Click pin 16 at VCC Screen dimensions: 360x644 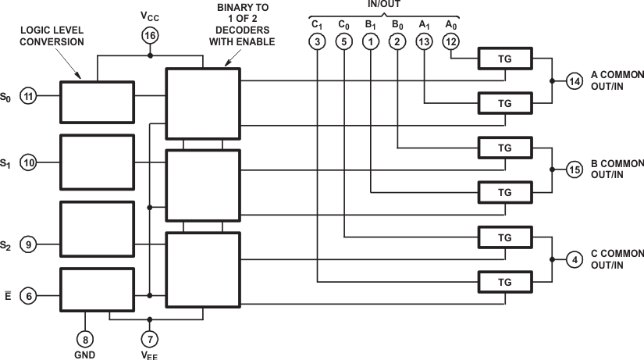(150, 35)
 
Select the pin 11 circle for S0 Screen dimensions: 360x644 (29, 97)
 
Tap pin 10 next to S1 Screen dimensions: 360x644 (29, 163)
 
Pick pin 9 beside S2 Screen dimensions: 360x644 (29, 245)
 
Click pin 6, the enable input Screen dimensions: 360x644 (29, 296)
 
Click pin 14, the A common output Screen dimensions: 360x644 (574, 80)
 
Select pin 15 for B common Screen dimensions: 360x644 (574, 169)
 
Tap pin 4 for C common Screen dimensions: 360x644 (574, 259)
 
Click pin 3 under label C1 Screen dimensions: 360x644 (316, 41)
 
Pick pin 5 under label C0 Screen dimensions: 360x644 (343, 41)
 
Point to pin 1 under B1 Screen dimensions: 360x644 (371, 41)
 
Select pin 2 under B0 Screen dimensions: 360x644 (398, 41)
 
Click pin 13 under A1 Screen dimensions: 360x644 (424, 41)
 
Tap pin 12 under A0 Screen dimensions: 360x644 (451, 41)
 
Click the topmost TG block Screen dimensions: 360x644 (503, 59)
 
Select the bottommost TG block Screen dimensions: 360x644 (503, 281)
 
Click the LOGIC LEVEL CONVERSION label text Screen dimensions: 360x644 (52, 36)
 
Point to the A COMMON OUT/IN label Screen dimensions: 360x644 (617, 80)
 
